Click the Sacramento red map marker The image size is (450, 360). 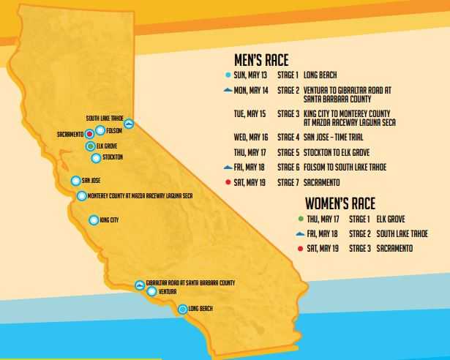click(x=89, y=134)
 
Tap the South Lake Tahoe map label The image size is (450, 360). click(x=104, y=118)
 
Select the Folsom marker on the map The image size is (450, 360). click(x=100, y=131)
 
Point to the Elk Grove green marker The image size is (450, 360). click(x=89, y=146)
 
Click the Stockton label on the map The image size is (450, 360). click(x=113, y=157)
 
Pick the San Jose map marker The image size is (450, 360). click(x=75, y=181)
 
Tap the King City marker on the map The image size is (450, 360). click(x=93, y=220)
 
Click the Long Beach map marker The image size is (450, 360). click(x=182, y=309)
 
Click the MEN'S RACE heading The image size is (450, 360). click(x=260, y=60)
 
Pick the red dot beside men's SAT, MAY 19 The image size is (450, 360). click(x=229, y=182)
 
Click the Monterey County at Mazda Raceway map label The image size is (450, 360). click(x=140, y=195)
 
